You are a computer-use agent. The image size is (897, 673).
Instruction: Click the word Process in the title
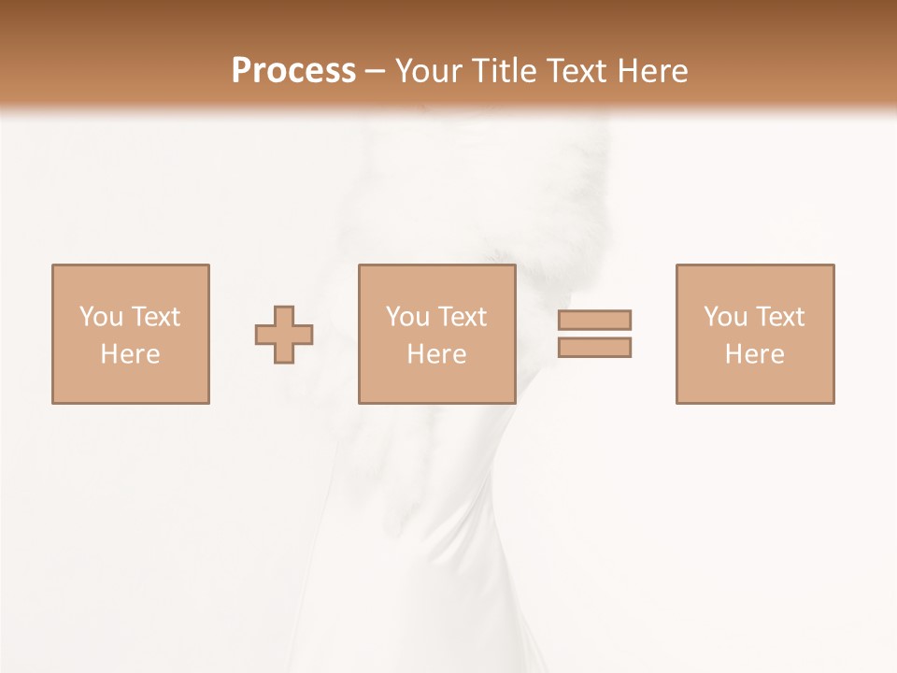pos(293,71)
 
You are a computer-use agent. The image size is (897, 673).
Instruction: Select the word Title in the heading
pos(504,71)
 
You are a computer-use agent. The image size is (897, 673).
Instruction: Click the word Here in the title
pos(653,71)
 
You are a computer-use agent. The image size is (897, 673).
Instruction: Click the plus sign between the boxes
pos(284,335)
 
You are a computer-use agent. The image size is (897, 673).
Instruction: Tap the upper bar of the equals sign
pos(594,320)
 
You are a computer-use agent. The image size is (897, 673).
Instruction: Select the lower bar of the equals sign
pos(594,348)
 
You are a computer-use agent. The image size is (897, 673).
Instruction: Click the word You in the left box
pos(101,317)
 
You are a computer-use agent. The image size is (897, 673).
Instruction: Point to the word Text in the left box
pos(156,317)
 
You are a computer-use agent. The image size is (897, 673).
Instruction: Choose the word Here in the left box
pos(130,354)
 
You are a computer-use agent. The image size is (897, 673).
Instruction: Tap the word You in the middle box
pos(407,317)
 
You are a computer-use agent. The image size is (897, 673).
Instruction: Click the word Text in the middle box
pos(463,317)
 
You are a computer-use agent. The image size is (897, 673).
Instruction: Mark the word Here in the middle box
pos(436,354)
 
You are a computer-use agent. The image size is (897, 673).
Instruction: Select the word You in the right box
pos(725,317)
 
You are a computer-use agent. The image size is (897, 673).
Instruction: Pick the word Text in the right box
pos(780,317)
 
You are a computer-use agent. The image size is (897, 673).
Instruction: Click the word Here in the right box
pos(754,354)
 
